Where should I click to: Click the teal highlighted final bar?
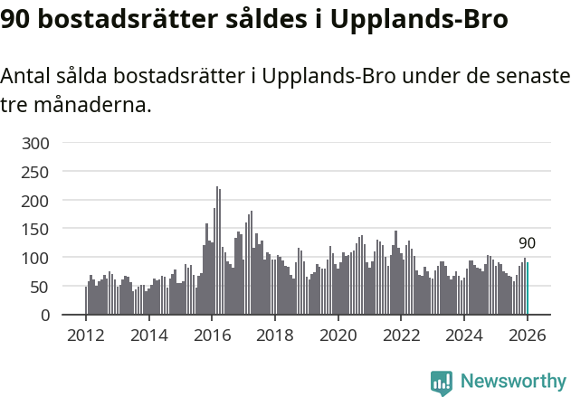528,288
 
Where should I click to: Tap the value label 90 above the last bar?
527,243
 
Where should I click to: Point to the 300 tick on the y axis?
41,143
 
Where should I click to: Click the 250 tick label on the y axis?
41,172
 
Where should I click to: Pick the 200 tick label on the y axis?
41,201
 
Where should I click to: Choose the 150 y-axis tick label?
41,229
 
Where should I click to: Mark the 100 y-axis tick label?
41,258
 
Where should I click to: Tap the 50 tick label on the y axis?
44,287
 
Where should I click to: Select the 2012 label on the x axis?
86,336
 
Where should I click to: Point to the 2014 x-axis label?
149,336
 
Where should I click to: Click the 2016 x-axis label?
212,336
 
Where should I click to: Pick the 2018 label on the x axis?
275,336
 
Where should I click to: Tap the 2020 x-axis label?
338,336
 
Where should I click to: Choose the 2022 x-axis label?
401,336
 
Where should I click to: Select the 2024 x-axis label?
464,336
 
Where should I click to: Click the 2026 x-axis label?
527,336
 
